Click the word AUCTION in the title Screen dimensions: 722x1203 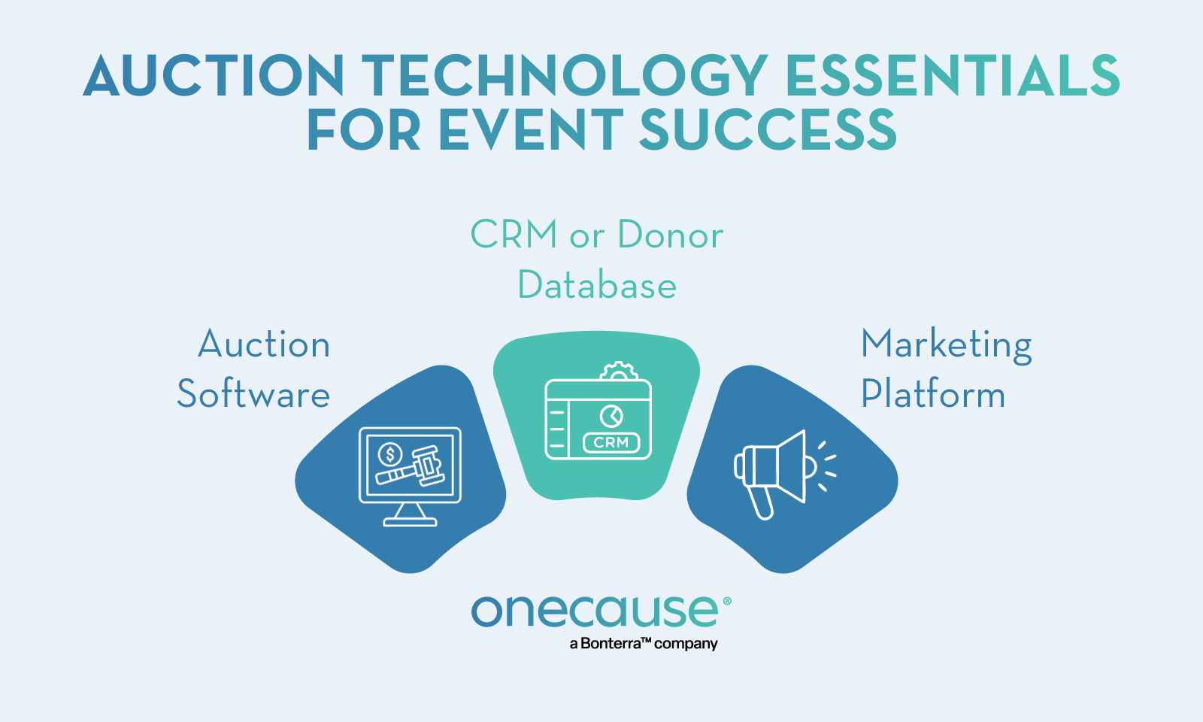pos(214,76)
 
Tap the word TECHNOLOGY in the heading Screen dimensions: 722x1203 pos(564,76)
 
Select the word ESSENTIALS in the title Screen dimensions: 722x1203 pos(952,76)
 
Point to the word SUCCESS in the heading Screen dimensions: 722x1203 pos(768,130)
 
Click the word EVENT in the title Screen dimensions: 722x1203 pos(531,130)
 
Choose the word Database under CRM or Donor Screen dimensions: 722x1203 pos(597,286)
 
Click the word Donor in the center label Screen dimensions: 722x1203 pos(670,235)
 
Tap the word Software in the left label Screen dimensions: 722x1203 pos(253,394)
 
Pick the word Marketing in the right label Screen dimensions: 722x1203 pos(946,345)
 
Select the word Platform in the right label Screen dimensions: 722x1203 pos(933,394)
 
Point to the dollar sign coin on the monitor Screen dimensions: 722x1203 pos(389,454)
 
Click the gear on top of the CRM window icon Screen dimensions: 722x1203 pos(619,371)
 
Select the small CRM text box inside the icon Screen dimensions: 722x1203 pos(611,443)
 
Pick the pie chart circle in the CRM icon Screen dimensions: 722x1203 pos(611,416)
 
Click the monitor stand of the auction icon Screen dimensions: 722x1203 pos(410,514)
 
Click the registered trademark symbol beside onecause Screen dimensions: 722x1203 pos(726,602)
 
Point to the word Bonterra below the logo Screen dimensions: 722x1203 pos(611,644)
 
